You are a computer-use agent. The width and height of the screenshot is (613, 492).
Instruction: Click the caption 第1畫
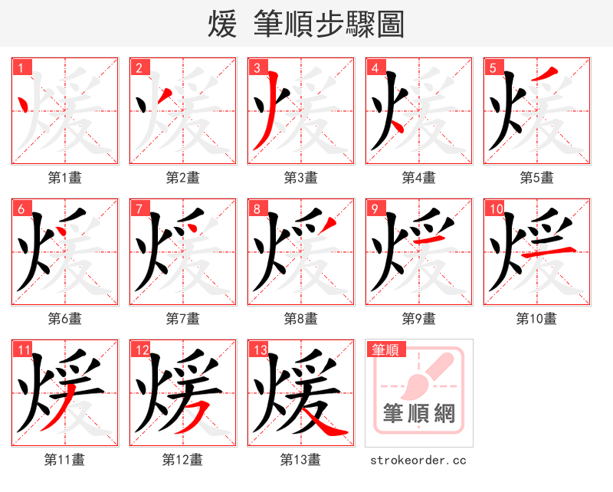click(65, 178)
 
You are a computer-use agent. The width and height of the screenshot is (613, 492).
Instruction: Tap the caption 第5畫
click(536, 178)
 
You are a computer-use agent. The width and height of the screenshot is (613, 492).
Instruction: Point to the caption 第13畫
click(300, 460)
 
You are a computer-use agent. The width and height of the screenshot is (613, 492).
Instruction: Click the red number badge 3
click(257, 67)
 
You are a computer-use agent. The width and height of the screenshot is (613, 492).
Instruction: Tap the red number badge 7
click(139, 208)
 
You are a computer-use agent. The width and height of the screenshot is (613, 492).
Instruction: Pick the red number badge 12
click(140, 349)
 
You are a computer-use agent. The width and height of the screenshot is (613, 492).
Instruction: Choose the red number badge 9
click(375, 208)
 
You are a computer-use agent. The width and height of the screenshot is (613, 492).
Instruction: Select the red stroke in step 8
click(327, 224)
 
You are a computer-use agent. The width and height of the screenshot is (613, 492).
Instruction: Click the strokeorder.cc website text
click(418, 460)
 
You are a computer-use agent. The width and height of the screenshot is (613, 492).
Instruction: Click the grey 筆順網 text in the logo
click(419, 415)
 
